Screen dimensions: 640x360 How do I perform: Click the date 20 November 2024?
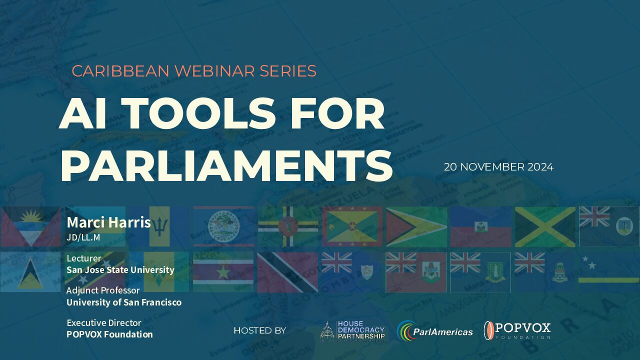pos(498,167)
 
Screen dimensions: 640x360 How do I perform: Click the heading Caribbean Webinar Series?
pos(194,71)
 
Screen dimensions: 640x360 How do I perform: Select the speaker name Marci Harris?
pos(108,222)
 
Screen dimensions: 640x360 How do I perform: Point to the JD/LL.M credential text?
pos(83,237)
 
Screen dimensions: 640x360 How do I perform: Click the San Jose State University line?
pos(120,269)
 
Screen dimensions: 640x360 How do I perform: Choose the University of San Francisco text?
pos(124,302)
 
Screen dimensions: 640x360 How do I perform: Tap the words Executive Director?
pos(104,323)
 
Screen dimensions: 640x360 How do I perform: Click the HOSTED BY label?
pos(259,330)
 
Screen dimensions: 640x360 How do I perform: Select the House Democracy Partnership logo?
pos(352,331)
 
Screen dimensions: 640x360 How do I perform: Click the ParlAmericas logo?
pos(435,331)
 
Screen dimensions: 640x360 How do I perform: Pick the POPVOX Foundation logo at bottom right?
pos(517,330)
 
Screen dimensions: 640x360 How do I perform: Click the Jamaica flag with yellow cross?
pos(545,227)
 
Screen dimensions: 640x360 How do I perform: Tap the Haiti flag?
pos(481,227)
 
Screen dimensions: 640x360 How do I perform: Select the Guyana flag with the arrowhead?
pos(416,227)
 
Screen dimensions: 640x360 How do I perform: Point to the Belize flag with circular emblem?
pos(223,226)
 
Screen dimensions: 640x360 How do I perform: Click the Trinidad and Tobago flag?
pos(287,272)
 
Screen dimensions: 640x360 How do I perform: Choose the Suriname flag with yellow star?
pos(223,271)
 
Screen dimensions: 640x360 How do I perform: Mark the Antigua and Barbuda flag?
pos(30,226)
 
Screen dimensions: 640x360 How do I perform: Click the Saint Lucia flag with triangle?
pos(30,271)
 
